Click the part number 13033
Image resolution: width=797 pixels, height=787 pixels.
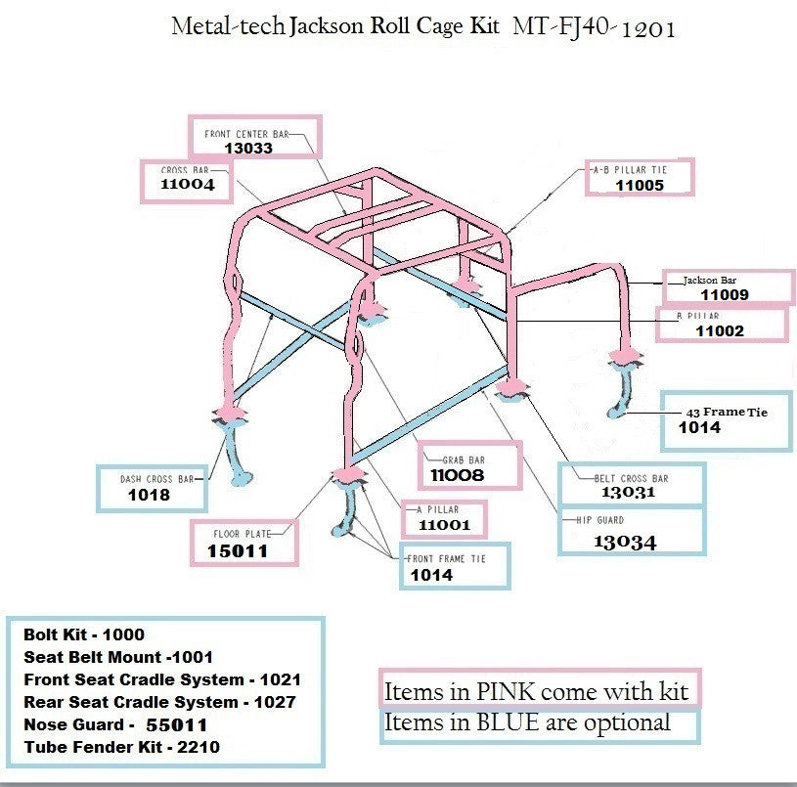[x=248, y=149]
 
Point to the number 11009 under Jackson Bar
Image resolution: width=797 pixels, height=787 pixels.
[x=725, y=294]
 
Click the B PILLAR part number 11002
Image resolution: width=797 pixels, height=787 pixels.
[x=720, y=330]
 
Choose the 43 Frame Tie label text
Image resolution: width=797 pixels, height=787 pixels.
[x=727, y=412]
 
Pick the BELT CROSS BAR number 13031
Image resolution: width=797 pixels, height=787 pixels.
[x=628, y=493]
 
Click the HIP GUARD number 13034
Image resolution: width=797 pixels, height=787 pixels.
[x=625, y=542]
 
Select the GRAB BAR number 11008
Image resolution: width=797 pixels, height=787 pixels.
[x=458, y=475]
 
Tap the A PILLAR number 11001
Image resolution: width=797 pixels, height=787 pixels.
[x=444, y=525]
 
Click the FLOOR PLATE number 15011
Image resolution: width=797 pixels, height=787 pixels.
[x=237, y=551]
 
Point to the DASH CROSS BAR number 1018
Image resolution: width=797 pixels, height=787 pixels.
[x=149, y=495]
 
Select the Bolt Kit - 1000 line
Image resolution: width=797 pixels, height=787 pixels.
[x=84, y=634]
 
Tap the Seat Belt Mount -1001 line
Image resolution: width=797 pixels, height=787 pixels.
[x=117, y=657]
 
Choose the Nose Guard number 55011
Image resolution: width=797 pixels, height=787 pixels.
[x=176, y=725]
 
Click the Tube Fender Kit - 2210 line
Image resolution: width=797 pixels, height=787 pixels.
[x=121, y=748]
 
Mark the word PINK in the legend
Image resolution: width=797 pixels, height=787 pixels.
[x=501, y=692]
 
